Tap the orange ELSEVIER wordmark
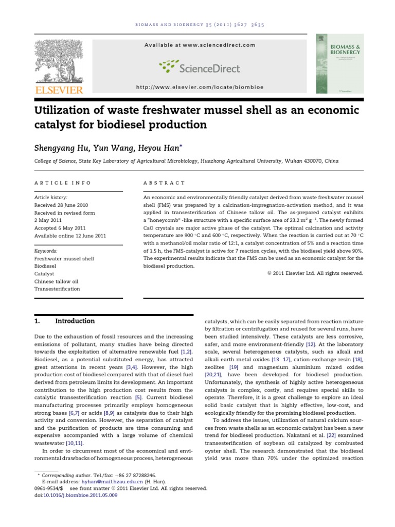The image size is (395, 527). [x=58, y=90]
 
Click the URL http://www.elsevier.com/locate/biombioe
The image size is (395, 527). [x=200, y=87]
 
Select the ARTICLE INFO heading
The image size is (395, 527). [x=62, y=183]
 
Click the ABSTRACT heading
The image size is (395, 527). [x=165, y=183]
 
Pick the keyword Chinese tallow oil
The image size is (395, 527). [x=56, y=282]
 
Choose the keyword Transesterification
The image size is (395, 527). [x=57, y=289]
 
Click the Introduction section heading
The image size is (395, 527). [x=75, y=321]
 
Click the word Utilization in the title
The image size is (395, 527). [x=66, y=111]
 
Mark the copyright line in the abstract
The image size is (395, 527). [x=315, y=273]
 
